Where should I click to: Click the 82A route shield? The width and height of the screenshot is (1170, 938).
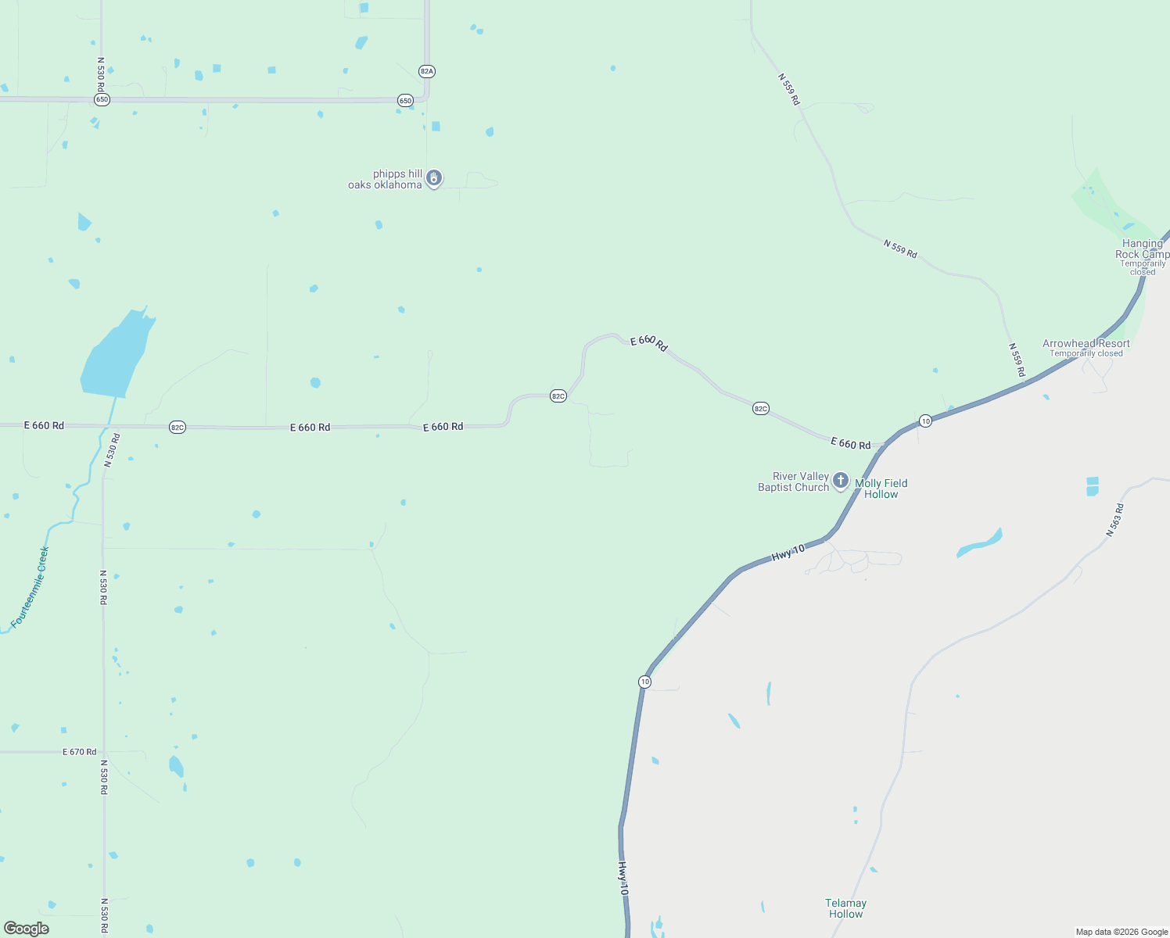click(426, 71)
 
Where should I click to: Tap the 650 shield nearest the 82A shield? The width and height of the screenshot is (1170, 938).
click(405, 100)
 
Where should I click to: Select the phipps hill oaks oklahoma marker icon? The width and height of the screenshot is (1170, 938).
click(434, 178)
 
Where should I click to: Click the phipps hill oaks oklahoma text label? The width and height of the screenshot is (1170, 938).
click(386, 180)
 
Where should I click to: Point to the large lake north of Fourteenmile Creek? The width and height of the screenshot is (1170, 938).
click(116, 356)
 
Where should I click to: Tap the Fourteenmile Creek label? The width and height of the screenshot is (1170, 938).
click(30, 587)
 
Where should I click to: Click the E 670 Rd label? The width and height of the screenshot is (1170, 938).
click(80, 752)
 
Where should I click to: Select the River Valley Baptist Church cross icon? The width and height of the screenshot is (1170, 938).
click(841, 480)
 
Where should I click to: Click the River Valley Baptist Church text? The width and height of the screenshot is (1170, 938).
click(794, 482)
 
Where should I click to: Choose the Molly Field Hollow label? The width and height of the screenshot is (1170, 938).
click(881, 489)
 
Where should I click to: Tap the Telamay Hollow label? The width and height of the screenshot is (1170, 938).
click(846, 908)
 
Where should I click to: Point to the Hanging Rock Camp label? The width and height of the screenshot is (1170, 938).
click(1142, 249)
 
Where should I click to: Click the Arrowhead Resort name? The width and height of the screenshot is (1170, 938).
click(1086, 343)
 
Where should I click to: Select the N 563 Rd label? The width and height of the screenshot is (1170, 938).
click(1115, 520)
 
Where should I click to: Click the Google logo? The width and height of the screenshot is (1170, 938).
click(27, 929)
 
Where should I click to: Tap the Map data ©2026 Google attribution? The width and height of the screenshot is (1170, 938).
click(1122, 932)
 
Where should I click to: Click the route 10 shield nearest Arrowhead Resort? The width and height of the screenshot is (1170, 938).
click(925, 421)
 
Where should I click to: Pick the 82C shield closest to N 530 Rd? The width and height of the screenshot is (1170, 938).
click(178, 427)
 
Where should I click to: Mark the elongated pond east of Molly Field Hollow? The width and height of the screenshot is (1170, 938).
click(979, 543)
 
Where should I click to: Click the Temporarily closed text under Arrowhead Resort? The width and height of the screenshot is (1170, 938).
click(1086, 353)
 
